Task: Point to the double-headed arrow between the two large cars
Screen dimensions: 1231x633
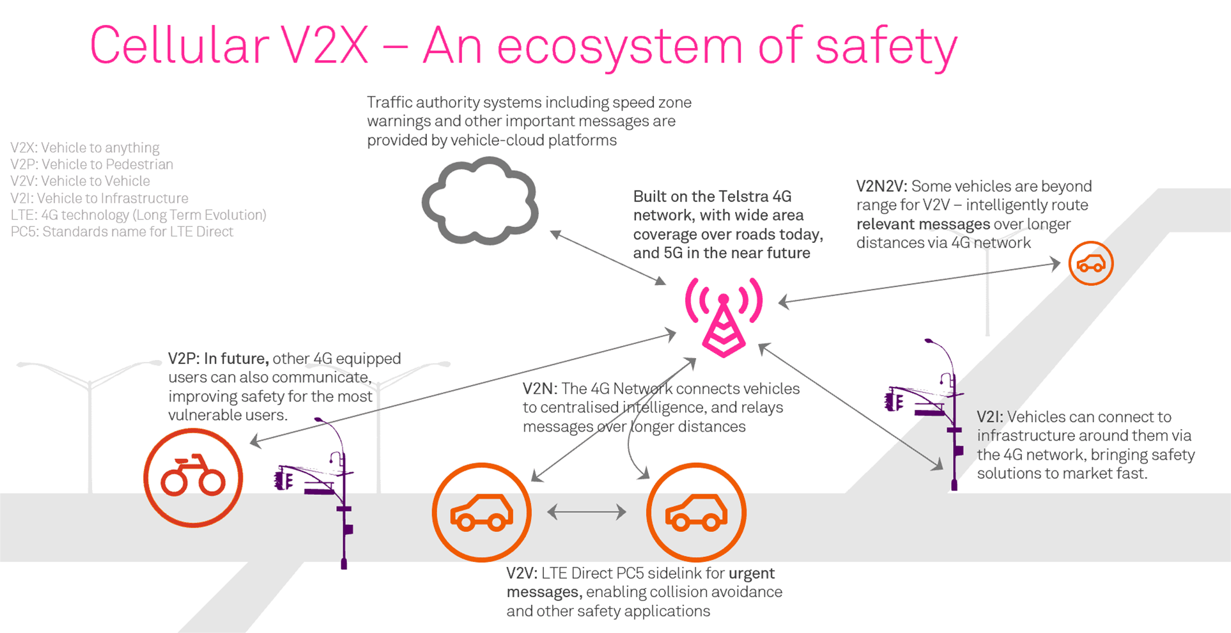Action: [x=587, y=512]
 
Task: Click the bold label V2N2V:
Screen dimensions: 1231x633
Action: [x=881, y=186]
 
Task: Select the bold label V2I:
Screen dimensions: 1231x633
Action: [x=990, y=417]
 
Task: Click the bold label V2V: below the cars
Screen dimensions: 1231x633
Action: [x=522, y=573]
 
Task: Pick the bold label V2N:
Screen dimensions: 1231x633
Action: [x=540, y=389]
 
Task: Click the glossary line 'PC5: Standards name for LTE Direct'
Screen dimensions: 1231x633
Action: [x=122, y=231]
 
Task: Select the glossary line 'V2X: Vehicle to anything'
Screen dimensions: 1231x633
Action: [x=85, y=148]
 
